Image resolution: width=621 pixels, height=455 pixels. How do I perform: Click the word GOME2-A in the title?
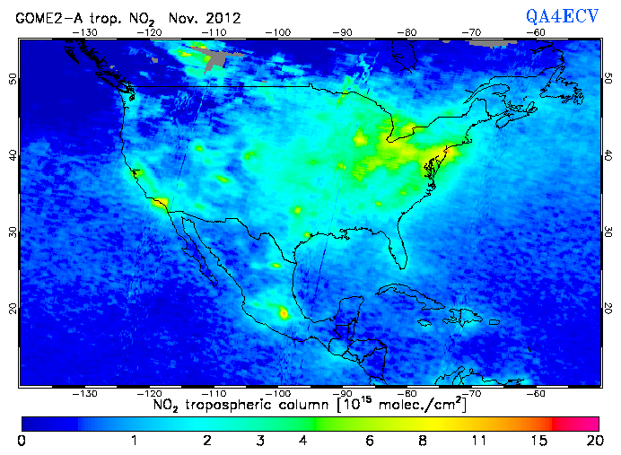45,17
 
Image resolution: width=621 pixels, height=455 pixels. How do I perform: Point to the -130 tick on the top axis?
85,32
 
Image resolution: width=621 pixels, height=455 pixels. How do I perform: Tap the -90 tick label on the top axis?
344,32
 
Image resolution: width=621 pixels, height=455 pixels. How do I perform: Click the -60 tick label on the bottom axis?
537,393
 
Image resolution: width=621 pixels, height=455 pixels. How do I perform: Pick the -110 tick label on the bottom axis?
214,393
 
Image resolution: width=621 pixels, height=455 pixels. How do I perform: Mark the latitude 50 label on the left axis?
11,79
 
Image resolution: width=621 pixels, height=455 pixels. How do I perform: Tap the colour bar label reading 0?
22,441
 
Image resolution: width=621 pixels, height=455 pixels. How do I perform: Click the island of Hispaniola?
465,315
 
